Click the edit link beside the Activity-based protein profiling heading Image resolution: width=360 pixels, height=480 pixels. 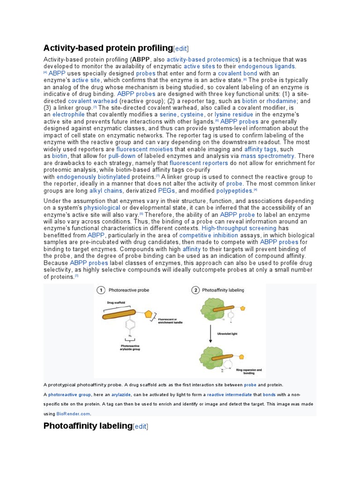click(x=181, y=49)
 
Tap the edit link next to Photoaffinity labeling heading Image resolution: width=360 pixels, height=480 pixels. click(x=141, y=426)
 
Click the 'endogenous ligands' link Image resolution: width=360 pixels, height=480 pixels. click(x=266, y=67)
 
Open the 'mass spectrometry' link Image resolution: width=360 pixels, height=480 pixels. click(x=268, y=156)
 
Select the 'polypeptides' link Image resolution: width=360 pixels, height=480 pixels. click(x=234, y=191)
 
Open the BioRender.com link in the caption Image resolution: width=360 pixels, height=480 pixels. click(x=74, y=414)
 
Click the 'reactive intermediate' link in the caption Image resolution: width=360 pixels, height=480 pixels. click(x=230, y=395)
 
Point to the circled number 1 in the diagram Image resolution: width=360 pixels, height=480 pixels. click(x=101, y=290)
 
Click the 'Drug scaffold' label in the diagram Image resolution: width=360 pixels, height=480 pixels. click(x=117, y=303)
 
